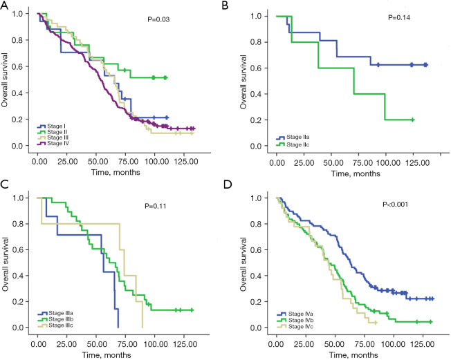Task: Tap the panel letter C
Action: tap(6, 185)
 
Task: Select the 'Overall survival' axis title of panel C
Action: tap(6, 263)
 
